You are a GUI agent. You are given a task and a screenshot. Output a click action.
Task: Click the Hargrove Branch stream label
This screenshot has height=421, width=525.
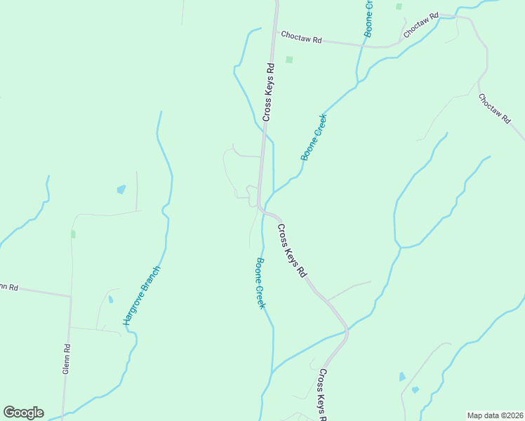tap(142, 295)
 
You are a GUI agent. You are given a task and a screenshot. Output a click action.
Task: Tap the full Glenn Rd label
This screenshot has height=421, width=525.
tap(66, 358)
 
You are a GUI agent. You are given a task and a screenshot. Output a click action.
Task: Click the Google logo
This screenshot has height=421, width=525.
tap(23, 413)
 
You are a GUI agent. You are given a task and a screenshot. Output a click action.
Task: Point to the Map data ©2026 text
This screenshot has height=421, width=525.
tap(495, 415)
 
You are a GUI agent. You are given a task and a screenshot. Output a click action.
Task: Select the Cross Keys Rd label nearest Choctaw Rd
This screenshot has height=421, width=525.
tap(267, 91)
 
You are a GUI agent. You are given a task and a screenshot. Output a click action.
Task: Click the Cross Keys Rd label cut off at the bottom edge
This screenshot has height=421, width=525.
tap(323, 394)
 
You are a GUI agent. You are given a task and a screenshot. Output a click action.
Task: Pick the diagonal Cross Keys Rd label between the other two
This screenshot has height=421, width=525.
tap(292, 249)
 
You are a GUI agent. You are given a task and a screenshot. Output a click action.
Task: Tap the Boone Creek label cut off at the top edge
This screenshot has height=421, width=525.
tap(369, 17)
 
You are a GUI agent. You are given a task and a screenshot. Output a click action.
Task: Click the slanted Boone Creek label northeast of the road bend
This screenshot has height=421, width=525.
tap(314, 137)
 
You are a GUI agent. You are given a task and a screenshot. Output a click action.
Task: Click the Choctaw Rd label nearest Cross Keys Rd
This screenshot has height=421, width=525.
tap(300, 38)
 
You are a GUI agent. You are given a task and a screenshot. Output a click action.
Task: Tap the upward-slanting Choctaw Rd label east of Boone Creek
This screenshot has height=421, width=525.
tap(420, 25)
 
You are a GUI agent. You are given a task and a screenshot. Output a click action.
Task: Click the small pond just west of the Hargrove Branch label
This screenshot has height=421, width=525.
tap(110, 300)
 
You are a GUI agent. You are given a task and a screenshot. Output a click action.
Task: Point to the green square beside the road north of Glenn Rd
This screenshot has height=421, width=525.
tap(72, 234)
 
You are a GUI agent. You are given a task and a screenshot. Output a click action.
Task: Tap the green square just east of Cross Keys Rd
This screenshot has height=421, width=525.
tap(288, 60)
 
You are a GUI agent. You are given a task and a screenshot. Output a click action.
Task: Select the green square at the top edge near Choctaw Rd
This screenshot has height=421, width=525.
tap(399, 6)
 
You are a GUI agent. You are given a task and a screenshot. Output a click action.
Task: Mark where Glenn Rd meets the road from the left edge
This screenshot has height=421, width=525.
tap(71, 296)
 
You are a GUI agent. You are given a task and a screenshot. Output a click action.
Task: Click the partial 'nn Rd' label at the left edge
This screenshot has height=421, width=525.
tap(8, 286)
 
